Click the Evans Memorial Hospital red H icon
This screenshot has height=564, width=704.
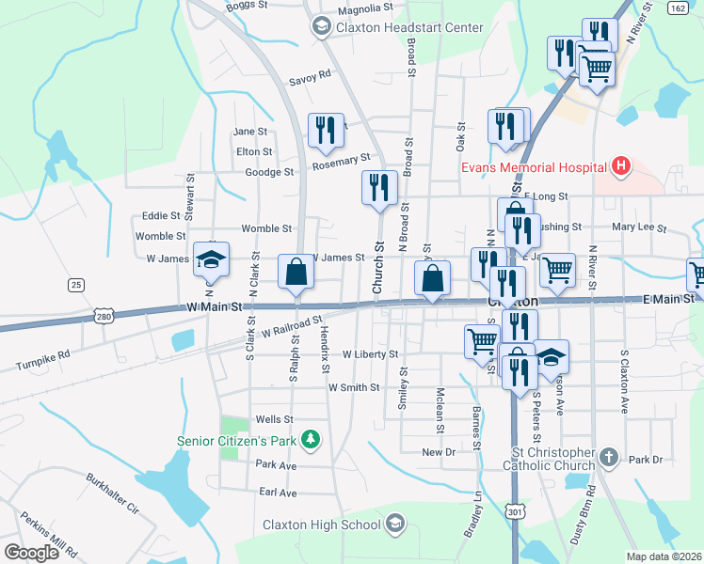[620, 167]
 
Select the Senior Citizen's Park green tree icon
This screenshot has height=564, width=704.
[308, 439]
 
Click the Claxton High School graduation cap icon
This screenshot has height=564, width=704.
[395, 524]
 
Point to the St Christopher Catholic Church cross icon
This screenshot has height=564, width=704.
[609, 458]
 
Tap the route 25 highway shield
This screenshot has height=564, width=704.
[76, 284]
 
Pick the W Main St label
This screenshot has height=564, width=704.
[215, 306]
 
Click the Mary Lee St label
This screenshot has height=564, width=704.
[638, 227]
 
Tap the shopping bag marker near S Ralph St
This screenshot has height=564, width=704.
[296, 272]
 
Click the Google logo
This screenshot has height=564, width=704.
[32, 553]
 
